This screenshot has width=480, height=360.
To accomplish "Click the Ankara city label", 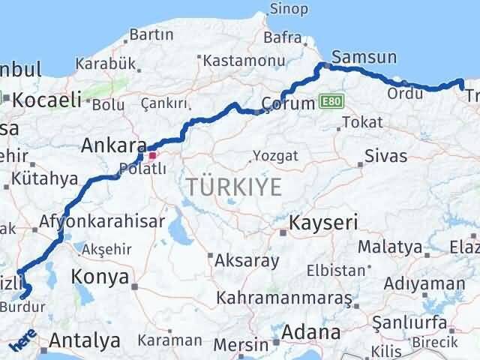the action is (113, 145).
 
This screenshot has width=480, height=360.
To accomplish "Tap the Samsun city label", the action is (364, 57).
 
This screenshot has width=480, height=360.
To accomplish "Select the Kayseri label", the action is (324, 223).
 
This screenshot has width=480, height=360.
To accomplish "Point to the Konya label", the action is (100, 277).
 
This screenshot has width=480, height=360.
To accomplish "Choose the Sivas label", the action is (385, 157).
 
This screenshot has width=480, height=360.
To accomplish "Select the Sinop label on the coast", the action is (289, 9).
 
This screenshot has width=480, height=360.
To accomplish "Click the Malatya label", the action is (390, 247).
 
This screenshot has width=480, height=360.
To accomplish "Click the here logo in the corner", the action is (22, 343).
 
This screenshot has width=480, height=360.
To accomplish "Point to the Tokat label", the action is (361, 122).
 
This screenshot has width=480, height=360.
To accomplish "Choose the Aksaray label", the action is (247, 262).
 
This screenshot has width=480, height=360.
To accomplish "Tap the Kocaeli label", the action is (46, 100).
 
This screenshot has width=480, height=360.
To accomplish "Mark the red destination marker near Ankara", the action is (153, 156).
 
